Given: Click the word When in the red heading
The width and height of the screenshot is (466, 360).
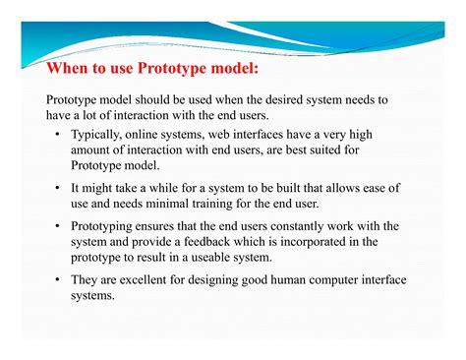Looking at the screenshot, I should pyautogui.click(x=69, y=72).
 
